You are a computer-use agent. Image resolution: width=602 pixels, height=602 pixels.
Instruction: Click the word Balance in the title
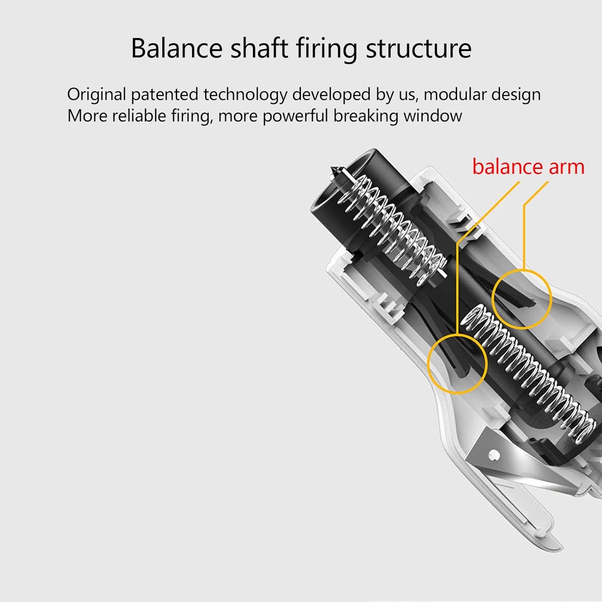(177, 48)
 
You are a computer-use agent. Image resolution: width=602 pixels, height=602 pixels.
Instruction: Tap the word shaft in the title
(259, 48)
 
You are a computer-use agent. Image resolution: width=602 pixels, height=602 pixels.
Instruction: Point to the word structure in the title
(419, 49)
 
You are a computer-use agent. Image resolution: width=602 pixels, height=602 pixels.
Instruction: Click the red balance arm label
(528, 167)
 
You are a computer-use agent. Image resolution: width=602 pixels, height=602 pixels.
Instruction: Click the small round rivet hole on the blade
(494, 455)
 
